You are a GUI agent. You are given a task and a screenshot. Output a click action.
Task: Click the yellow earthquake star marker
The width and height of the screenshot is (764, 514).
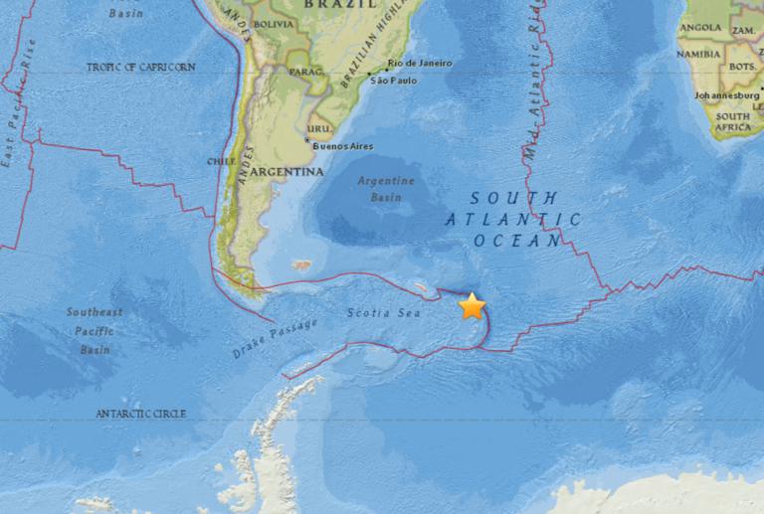pos(472,306)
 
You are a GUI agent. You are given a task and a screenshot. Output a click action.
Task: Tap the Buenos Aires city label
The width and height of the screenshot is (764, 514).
pos(343,146)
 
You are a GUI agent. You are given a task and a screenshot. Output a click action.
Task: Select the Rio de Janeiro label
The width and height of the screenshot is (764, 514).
pos(420,63)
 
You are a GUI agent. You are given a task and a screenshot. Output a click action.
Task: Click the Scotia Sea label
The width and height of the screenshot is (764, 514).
pos(384,313)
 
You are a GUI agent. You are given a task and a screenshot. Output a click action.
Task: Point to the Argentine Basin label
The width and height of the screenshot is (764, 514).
pos(386,187)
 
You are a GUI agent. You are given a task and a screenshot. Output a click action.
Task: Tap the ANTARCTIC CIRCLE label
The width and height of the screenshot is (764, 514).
pos(142,412)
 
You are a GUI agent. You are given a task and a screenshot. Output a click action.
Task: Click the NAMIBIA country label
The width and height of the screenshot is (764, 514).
pos(698,54)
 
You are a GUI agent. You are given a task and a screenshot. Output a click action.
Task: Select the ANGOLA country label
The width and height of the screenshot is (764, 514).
pos(701,27)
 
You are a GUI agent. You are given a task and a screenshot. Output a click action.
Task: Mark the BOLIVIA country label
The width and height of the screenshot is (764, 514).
pos(275,23)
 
